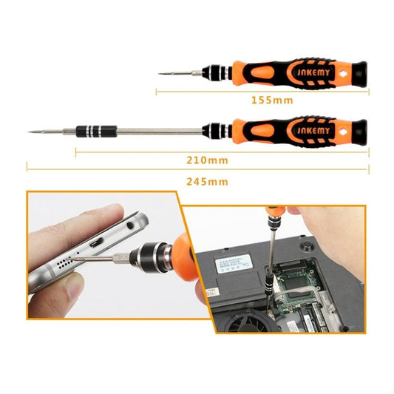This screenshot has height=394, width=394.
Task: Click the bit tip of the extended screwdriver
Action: (x=31, y=132)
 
